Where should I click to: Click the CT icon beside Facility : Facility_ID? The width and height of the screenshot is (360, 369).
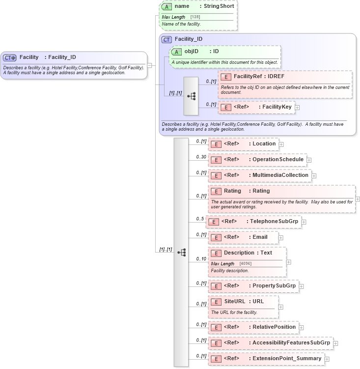pos(10,57)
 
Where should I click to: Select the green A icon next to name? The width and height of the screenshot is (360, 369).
pos(166,6)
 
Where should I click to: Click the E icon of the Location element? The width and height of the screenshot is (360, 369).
pos(215,144)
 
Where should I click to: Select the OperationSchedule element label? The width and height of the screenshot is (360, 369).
pos(277,160)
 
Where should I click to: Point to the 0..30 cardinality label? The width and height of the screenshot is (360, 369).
pos(201,157)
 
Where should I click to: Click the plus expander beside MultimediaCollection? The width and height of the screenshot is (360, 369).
pos(314,175)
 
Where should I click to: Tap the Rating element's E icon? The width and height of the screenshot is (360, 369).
pos(215,191)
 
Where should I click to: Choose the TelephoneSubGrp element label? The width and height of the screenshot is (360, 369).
pos(275,222)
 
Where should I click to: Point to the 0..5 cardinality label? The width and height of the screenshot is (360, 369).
pos(200,219)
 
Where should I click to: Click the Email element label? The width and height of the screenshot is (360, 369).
pos(260,237)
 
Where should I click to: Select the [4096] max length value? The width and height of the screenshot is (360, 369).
pos(246,264)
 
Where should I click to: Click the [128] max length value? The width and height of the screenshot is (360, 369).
pos(195,17)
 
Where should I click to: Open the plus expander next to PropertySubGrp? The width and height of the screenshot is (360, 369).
pos(302,286)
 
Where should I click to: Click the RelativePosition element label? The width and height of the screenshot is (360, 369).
pos(274,327)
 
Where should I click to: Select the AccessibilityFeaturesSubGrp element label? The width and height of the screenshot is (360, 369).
pos(291,342)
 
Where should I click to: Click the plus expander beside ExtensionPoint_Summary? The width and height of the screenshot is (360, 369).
pos(327,359)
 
